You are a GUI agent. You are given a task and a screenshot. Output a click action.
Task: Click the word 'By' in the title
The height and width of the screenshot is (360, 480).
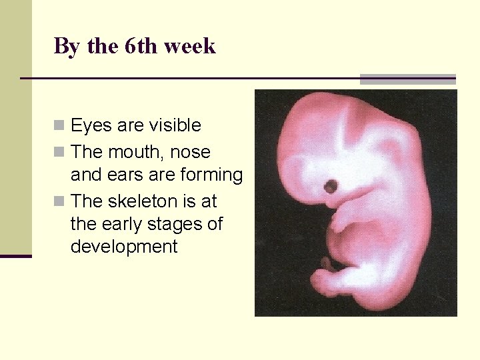tap(65, 47)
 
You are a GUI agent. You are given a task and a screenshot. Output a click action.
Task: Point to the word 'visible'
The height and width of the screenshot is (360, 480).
tap(174, 125)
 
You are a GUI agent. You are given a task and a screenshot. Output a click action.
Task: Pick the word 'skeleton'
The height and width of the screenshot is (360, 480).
tap(145, 201)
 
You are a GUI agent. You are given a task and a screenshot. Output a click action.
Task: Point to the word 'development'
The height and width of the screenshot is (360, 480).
tap(123, 247)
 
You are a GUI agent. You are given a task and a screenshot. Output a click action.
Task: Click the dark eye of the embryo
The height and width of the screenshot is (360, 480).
tap(330, 186)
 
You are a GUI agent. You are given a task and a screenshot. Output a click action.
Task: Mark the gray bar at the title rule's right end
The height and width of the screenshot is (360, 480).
tap(407, 79)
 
